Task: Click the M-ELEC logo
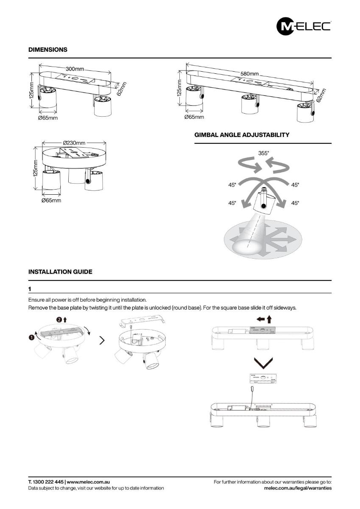pyautogui.click(x=303, y=26)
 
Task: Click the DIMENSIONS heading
pyautogui.click(x=47, y=50)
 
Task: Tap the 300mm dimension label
pyautogui.click(x=75, y=69)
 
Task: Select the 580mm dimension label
pyautogui.click(x=249, y=73)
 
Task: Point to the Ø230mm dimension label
pyautogui.click(x=74, y=143)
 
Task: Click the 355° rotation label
pyautogui.click(x=263, y=154)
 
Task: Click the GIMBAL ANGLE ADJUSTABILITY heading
pyautogui.click(x=242, y=135)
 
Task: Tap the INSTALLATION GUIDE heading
pyautogui.click(x=60, y=271)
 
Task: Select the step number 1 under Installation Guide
pyautogui.click(x=30, y=289)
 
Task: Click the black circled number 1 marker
pyautogui.click(x=31, y=337)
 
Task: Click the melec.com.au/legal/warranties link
pyautogui.click(x=297, y=488)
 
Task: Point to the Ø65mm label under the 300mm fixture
pyautogui.click(x=47, y=118)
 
